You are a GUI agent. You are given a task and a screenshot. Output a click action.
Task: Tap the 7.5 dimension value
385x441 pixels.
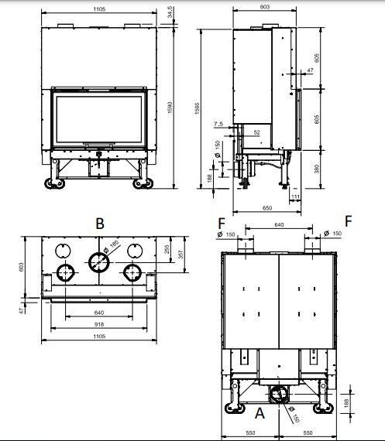[x=220, y=124]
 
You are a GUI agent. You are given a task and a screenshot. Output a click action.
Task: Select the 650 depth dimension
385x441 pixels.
[x=267, y=209]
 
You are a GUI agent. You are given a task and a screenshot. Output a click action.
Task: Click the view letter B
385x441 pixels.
[x=98, y=223]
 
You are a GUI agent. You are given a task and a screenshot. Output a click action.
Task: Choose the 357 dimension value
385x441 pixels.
[x=180, y=255]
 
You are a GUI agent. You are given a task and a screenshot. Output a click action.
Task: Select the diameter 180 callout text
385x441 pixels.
[x=114, y=246]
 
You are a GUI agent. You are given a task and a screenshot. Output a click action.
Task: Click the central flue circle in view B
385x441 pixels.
[x=98, y=262]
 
